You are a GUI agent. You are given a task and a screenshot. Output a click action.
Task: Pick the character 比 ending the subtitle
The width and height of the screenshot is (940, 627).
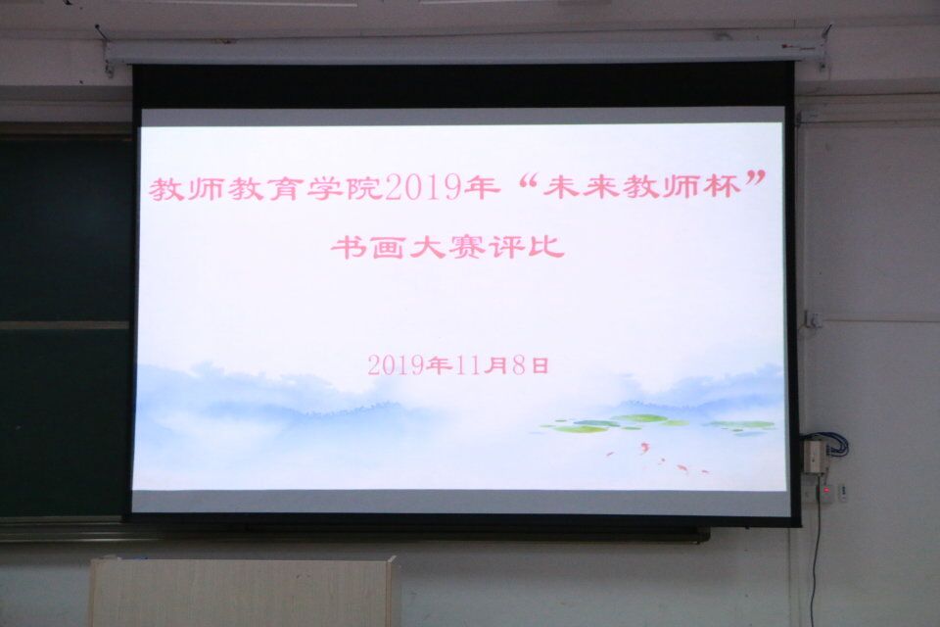(x=545, y=246)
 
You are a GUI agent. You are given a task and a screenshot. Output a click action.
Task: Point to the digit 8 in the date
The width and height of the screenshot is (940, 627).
(x=519, y=365)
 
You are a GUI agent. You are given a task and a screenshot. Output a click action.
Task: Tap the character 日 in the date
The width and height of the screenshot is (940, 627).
(x=540, y=365)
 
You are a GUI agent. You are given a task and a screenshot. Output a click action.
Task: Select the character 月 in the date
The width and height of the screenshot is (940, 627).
(x=495, y=365)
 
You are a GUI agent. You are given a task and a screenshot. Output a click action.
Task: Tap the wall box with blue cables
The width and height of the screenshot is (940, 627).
(x=813, y=455)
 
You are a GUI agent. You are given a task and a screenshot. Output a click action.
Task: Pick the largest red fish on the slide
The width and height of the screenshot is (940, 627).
(x=644, y=447)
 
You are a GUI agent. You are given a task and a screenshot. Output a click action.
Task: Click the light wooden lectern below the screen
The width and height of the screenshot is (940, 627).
(x=242, y=592)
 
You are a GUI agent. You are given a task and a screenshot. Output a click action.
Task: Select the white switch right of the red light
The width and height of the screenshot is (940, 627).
(x=843, y=492)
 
